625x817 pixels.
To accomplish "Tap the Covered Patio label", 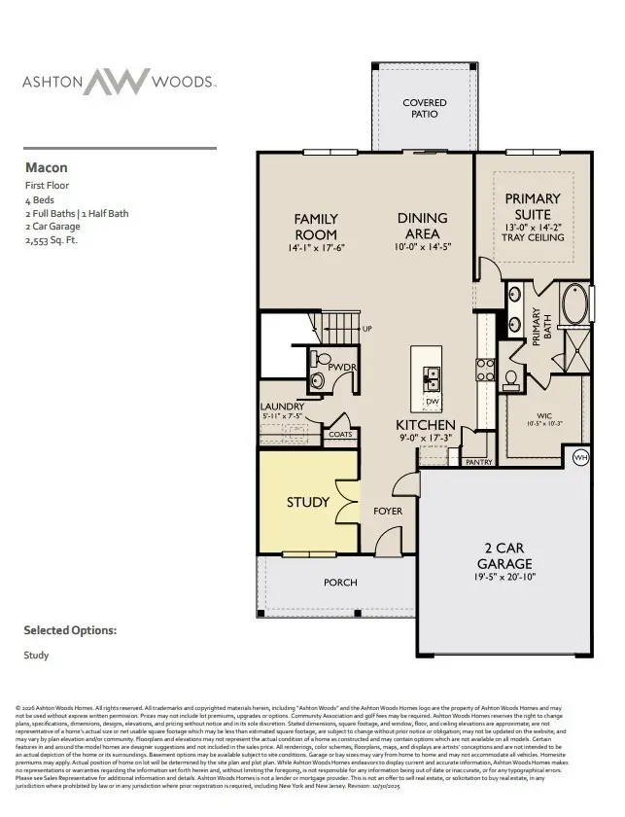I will pyautogui.click(x=425, y=108).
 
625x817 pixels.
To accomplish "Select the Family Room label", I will pyautogui.click(x=316, y=227).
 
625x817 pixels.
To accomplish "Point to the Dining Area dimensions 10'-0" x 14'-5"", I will pyautogui.click(x=423, y=247).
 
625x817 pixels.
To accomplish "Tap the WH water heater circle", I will pyautogui.click(x=581, y=456).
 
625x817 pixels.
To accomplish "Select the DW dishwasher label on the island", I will pyautogui.click(x=432, y=402).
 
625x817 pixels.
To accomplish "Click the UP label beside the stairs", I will pyautogui.click(x=366, y=329).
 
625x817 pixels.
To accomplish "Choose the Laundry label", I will pyautogui.click(x=282, y=407).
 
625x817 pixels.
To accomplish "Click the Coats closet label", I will pyautogui.click(x=340, y=435).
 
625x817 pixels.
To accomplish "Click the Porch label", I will pyautogui.click(x=340, y=582).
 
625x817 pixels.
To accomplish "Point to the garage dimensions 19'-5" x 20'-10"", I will pyautogui.click(x=504, y=576).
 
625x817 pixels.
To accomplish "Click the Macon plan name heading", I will pyautogui.click(x=47, y=166).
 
